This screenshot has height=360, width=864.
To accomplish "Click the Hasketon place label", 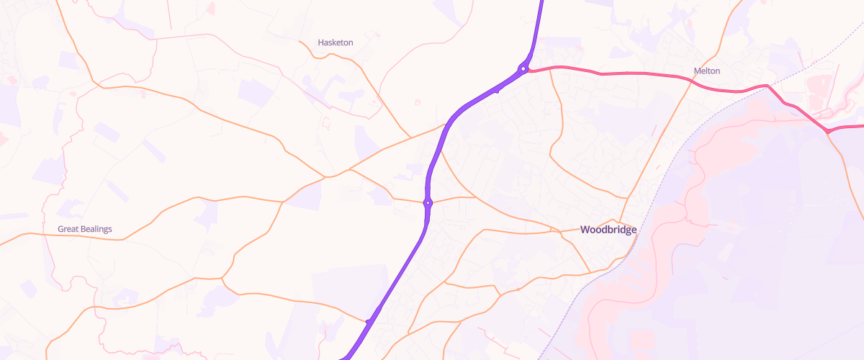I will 336,42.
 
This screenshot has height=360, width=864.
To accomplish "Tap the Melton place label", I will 706,71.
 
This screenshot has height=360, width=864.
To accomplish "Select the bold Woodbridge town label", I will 608,230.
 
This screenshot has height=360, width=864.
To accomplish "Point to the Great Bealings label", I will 85,229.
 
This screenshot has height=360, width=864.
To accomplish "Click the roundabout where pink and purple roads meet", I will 523,69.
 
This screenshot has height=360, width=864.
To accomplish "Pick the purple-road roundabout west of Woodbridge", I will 428,202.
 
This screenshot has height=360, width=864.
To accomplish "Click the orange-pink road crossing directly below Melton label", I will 693,81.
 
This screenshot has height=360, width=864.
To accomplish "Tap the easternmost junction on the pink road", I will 828,132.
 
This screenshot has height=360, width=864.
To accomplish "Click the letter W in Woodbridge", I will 585,230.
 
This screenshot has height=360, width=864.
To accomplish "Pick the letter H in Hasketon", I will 321,42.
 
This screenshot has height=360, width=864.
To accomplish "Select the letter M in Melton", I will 696,71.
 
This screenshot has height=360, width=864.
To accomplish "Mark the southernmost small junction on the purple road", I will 368,321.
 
